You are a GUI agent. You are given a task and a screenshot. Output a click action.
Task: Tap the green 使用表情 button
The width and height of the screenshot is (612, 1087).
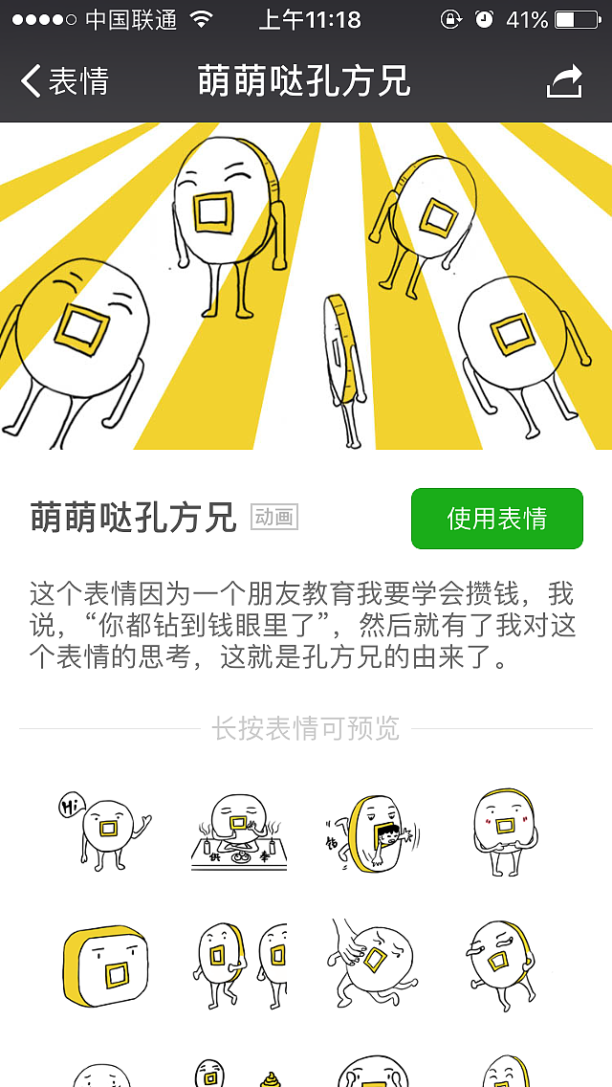click(496, 519)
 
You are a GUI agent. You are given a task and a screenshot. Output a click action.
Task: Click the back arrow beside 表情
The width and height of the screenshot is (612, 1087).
click(32, 81)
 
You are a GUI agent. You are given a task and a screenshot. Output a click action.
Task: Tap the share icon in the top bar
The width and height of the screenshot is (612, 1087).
click(564, 82)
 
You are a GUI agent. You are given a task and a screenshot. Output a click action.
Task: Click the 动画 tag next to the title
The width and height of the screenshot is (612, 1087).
click(274, 518)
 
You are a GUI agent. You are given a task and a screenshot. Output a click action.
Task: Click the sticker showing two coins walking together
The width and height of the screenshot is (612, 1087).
click(239, 962)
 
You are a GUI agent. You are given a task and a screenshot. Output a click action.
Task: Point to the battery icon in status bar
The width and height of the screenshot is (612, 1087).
click(576, 19)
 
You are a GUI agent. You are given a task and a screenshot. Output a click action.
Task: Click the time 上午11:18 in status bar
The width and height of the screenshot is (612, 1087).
click(309, 19)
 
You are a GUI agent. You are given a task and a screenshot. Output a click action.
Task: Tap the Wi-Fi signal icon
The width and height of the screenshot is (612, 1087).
click(201, 19)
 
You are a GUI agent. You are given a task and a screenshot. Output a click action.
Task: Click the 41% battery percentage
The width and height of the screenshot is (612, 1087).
click(526, 19)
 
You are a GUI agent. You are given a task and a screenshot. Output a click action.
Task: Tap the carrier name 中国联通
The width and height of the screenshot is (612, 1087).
click(131, 19)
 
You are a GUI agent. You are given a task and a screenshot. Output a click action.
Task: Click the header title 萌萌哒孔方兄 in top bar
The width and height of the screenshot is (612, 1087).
click(304, 82)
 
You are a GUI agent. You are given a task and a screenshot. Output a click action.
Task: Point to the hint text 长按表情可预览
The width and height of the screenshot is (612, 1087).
click(305, 728)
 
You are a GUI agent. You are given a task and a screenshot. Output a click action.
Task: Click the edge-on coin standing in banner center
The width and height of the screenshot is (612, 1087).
click(342, 364)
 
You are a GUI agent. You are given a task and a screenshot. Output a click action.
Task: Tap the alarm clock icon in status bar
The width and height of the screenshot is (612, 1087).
click(484, 19)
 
